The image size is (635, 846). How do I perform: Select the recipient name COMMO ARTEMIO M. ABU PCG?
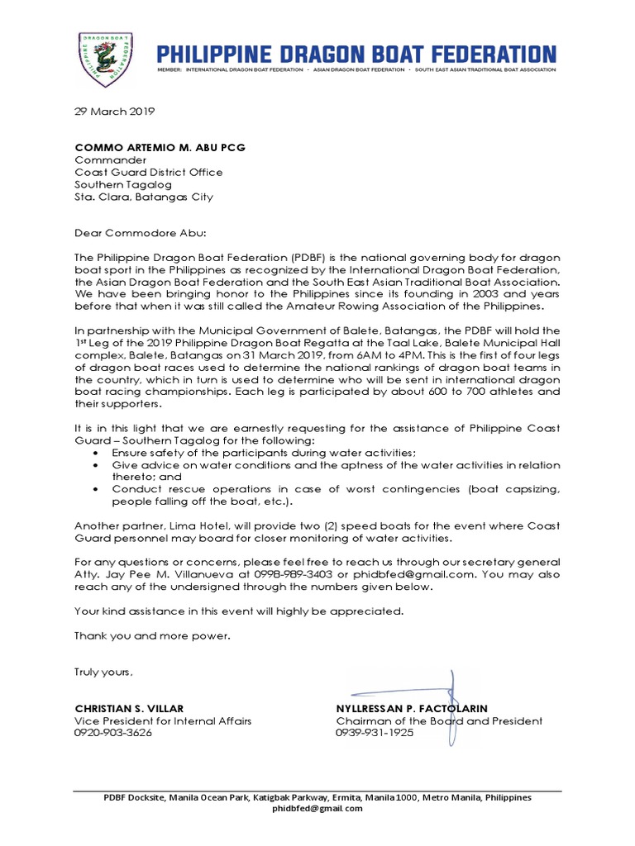pyautogui.click(x=160, y=147)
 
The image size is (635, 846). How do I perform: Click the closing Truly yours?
pyautogui.click(x=103, y=672)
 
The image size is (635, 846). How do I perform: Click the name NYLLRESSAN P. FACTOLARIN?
pyautogui.click(x=412, y=709)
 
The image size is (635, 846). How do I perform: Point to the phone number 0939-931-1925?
pyautogui.click(x=375, y=733)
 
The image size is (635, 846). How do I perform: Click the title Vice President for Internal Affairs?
pyautogui.click(x=163, y=720)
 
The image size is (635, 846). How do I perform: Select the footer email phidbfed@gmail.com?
pyautogui.click(x=317, y=809)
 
